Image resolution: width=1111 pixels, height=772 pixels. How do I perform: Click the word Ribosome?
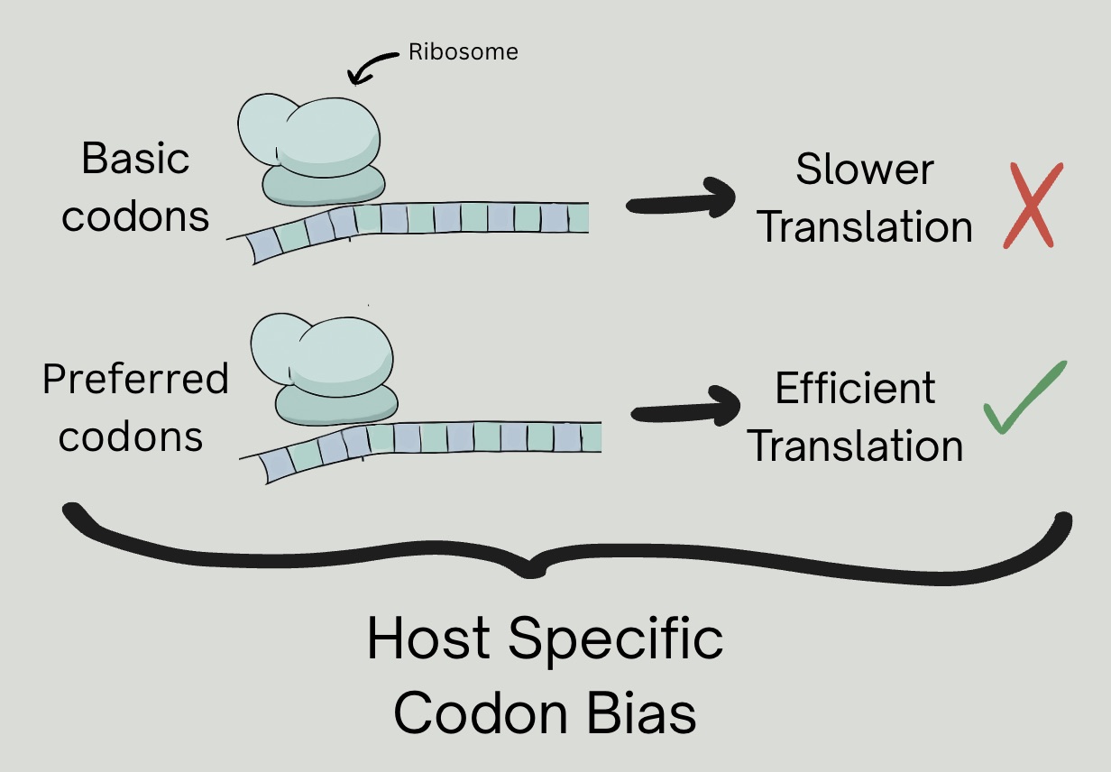pos(464,51)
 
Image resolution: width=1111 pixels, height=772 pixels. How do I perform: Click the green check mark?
pos(1024,400)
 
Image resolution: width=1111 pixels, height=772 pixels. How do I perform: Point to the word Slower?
pos(864,170)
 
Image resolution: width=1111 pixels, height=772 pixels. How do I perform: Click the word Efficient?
pos(855,389)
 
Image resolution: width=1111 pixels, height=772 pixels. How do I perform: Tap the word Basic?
pos(135,159)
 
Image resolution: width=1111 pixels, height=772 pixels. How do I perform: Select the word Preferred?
pos(135,380)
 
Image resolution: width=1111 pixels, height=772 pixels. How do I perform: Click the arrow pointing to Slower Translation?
pos(681,198)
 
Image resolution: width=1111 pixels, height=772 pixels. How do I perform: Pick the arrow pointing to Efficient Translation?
pos(687,408)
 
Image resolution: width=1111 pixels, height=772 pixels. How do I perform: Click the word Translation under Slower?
pos(865,227)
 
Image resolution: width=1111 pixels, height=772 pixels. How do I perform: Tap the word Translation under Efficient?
pos(856,446)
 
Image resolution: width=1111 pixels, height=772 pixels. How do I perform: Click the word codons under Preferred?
pos(132,437)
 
